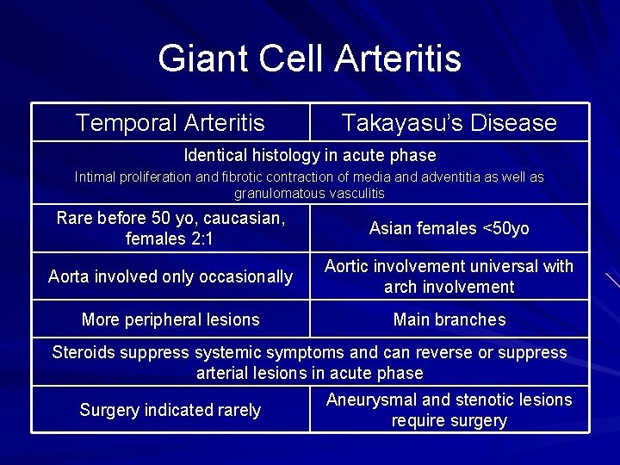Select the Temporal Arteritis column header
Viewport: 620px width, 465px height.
tap(170, 123)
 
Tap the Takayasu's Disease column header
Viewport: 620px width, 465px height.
tap(449, 123)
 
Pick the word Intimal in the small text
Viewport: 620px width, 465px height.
tap(97, 177)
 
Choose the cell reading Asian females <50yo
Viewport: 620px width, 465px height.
tap(449, 228)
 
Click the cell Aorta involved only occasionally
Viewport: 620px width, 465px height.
tap(170, 276)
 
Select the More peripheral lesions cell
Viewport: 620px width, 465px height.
tap(170, 319)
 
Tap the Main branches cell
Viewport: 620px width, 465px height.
tap(449, 319)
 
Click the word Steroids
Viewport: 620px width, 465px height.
tap(84, 352)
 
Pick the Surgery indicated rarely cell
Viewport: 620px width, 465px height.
tap(170, 410)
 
